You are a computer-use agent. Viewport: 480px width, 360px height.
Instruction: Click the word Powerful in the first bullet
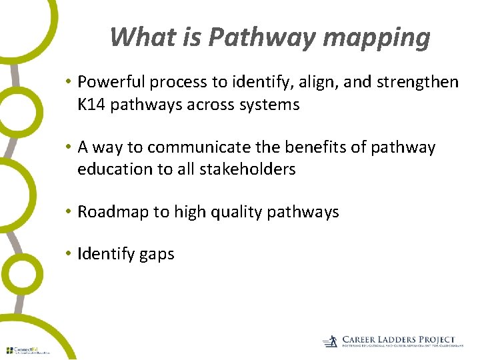111,82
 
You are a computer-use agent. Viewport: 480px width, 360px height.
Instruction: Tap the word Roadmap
113,212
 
